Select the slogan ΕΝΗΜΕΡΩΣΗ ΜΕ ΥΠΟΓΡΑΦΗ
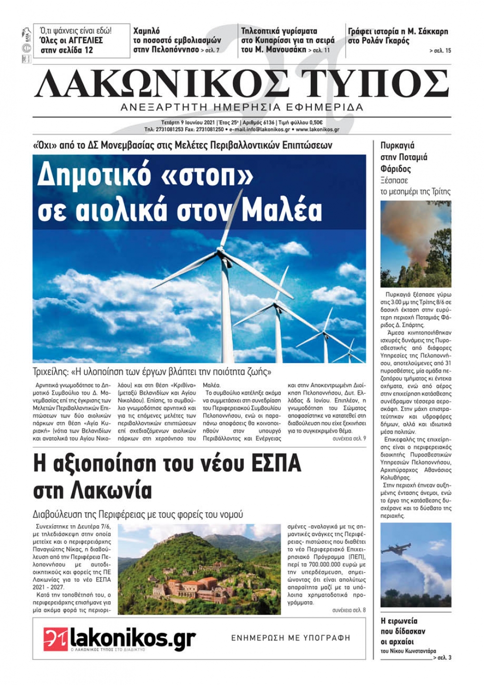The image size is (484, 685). tap(290, 638)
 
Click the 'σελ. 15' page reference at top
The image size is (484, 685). tap(440, 50)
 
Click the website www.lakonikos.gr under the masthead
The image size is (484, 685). tap(317, 130)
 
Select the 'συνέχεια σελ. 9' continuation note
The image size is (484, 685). tap(349, 438)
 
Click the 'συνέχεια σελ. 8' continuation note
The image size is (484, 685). tap(349, 610)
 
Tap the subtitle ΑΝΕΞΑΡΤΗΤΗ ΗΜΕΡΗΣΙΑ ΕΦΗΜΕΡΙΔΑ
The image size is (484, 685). tap(242, 107)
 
